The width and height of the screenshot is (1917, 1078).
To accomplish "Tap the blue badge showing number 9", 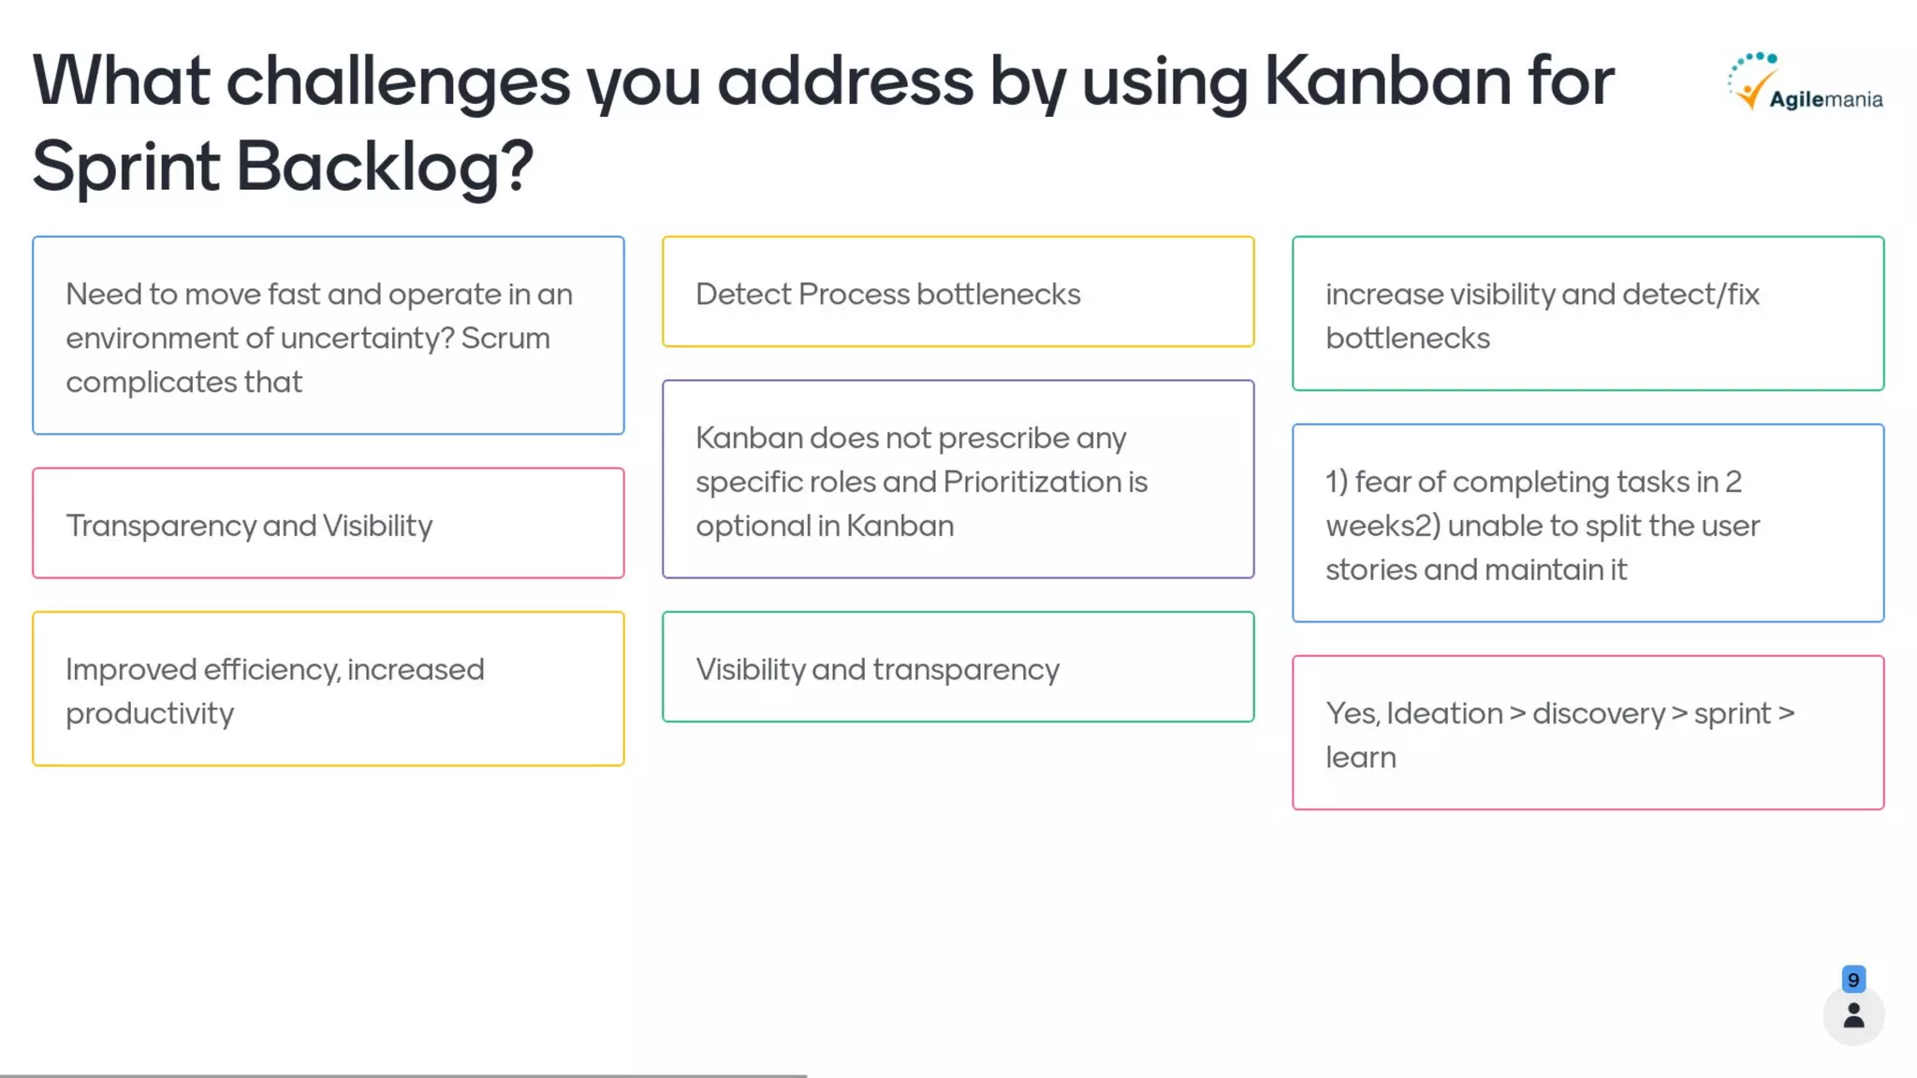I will pos(1853,980).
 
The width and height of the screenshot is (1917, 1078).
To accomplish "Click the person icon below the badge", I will pos(1853,1016).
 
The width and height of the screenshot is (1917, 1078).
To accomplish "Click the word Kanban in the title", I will pos(1387,80).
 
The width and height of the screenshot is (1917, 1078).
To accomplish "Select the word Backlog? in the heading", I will pos(384,167).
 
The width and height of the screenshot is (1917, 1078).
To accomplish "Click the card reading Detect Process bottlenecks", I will pos(958,292).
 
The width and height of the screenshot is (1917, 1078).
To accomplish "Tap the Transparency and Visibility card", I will pos(328,524).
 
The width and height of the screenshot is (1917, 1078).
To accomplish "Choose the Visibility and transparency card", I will pos(958,668).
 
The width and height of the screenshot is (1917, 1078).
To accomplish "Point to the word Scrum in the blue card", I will pos(505,338).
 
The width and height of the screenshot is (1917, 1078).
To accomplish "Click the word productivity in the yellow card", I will pos(150,714).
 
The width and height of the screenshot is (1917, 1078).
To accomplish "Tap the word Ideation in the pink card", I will pos(1444,714).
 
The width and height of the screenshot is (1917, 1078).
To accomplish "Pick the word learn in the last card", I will pos(1360,758).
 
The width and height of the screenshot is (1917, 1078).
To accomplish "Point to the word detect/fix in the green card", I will pos(1690,295).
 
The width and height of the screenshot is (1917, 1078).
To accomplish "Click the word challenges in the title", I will pos(398,82).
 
